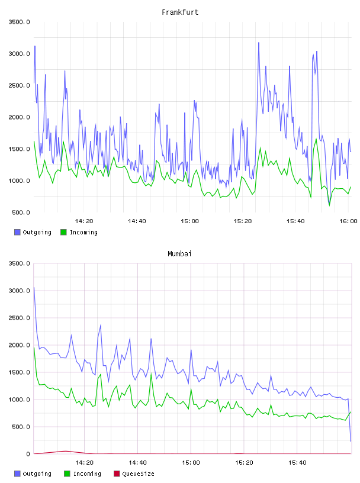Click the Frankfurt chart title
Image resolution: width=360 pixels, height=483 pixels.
(x=180, y=12)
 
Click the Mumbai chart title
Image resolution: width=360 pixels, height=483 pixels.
(x=179, y=254)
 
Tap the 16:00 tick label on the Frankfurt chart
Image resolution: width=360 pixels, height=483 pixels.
(x=348, y=221)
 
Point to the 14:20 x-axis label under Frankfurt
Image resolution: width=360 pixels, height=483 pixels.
(x=84, y=221)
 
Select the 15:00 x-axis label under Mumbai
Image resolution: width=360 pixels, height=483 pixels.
(x=191, y=463)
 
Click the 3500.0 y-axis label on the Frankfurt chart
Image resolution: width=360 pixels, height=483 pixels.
(x=20, y=22)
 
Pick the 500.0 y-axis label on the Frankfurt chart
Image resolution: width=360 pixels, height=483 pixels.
(x=21, y=212)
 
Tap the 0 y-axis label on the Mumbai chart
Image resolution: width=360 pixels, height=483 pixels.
(x=28, y=454)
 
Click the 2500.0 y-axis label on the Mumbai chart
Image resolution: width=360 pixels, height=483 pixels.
(x=20, y=318)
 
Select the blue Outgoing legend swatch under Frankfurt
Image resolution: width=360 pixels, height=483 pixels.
(x=17, y=232)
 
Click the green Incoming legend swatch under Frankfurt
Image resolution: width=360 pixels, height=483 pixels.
(x=63, y=232)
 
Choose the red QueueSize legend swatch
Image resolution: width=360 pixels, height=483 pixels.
(x=117, y=474)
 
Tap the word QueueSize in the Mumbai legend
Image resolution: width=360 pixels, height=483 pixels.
(x=138, y=474)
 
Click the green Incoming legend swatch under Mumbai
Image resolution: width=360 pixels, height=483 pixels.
(x=67, y=474)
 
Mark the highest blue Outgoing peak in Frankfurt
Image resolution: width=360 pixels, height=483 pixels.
(x=259, y=43)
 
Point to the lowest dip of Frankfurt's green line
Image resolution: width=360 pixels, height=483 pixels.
(x=329, y=205)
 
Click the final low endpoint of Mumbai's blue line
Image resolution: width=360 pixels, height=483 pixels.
(x=351, y=441)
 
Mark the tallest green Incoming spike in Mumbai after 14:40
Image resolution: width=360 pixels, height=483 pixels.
(x=151, y=374)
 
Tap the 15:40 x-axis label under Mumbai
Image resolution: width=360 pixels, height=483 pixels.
(x=297, y=463)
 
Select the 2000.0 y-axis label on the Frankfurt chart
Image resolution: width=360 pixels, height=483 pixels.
(x=20, y=117)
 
